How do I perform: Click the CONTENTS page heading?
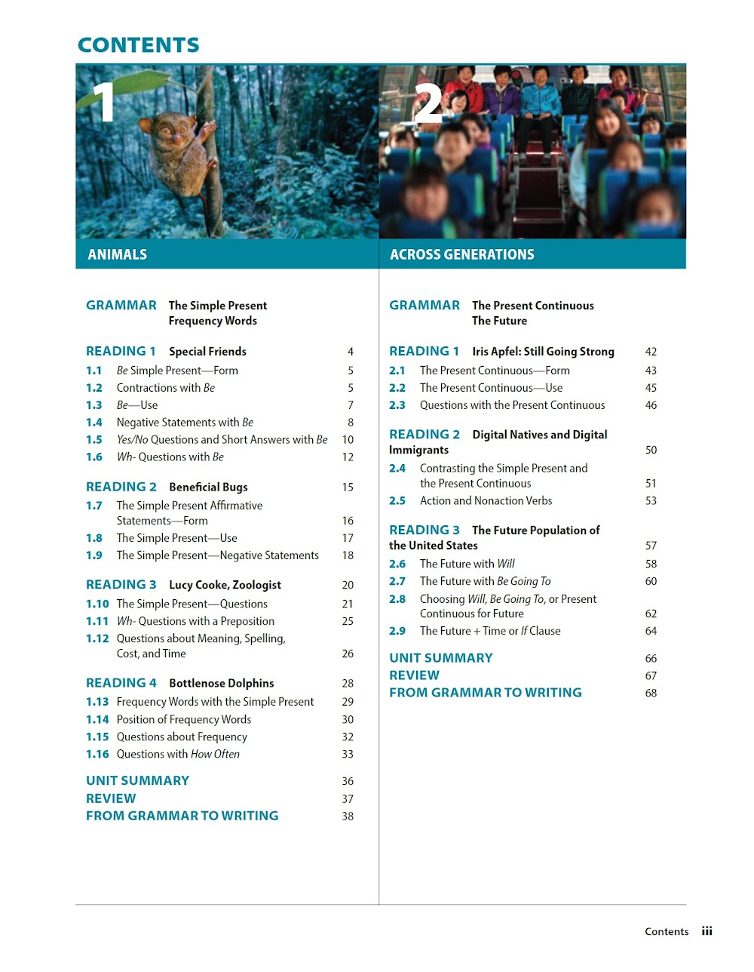(139, 45)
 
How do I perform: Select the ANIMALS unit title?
(117, 254)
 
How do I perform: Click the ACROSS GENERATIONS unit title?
(461, 254)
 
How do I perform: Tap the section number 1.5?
(94, 440)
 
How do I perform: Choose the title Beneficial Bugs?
(208, 488)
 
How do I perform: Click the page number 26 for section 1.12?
(348, 654)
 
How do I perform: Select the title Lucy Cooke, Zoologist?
(225, 585)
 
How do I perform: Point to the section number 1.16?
(97, 754)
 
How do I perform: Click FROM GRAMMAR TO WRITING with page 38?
(182, 816)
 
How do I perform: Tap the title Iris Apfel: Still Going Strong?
(543, 352)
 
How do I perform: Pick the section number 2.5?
(397, 501)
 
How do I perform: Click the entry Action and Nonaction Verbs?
(486, 501)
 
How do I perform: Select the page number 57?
(651, 546)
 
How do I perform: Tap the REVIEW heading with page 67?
(414, 675)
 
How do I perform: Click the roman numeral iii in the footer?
(706, 931)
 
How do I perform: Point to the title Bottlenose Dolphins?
(221, 684)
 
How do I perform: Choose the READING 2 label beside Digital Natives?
(424, 435)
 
